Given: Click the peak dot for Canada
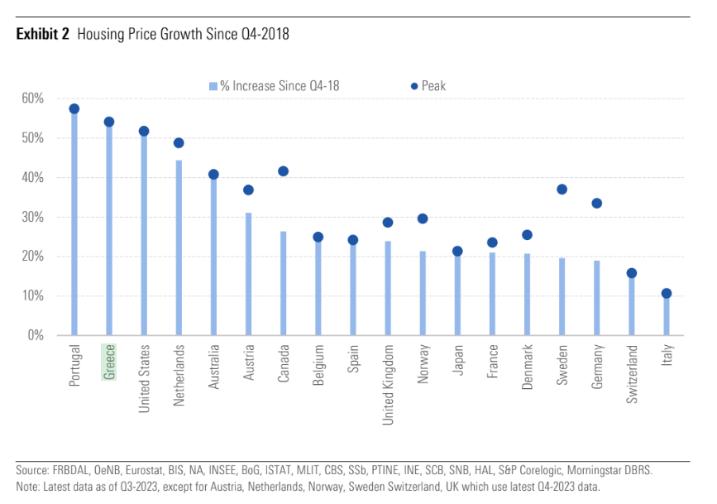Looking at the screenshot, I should click(x=283, y=171).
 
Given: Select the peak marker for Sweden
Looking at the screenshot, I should click(x=562, y=190).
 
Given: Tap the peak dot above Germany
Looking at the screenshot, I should click(x=597, y=204).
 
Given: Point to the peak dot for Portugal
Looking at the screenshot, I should click(x=74, y=108).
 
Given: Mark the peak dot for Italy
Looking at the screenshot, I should click(x=667, y=293).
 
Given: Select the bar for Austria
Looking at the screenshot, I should click(x=248, y=274).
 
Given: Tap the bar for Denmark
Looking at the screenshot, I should click(x=527, y=294).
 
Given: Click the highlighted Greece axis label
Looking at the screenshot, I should click(x=109, y=362).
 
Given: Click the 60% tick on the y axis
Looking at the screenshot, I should click(x=33, y=98).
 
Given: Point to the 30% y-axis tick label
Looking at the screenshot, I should click(x=33, y=217).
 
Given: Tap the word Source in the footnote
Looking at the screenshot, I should click(x=31, y=470).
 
